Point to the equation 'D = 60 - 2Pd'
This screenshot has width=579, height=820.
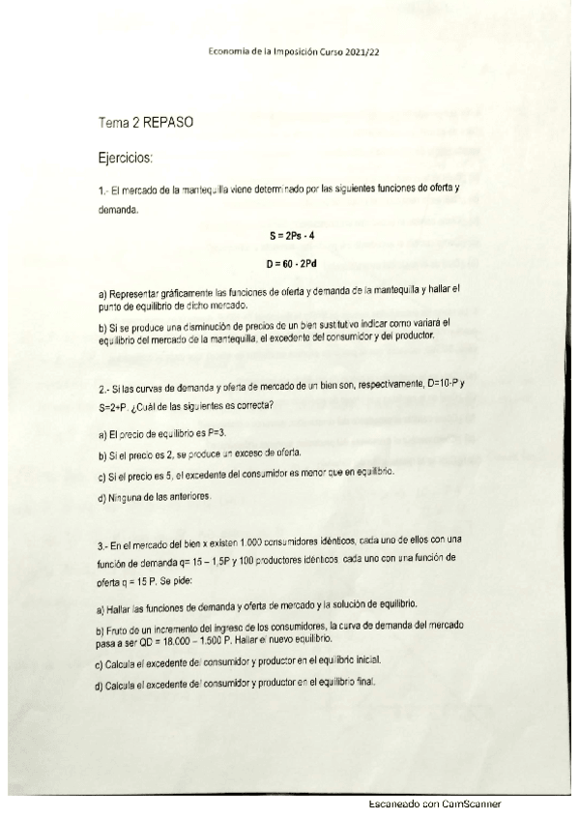click(291, 263)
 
